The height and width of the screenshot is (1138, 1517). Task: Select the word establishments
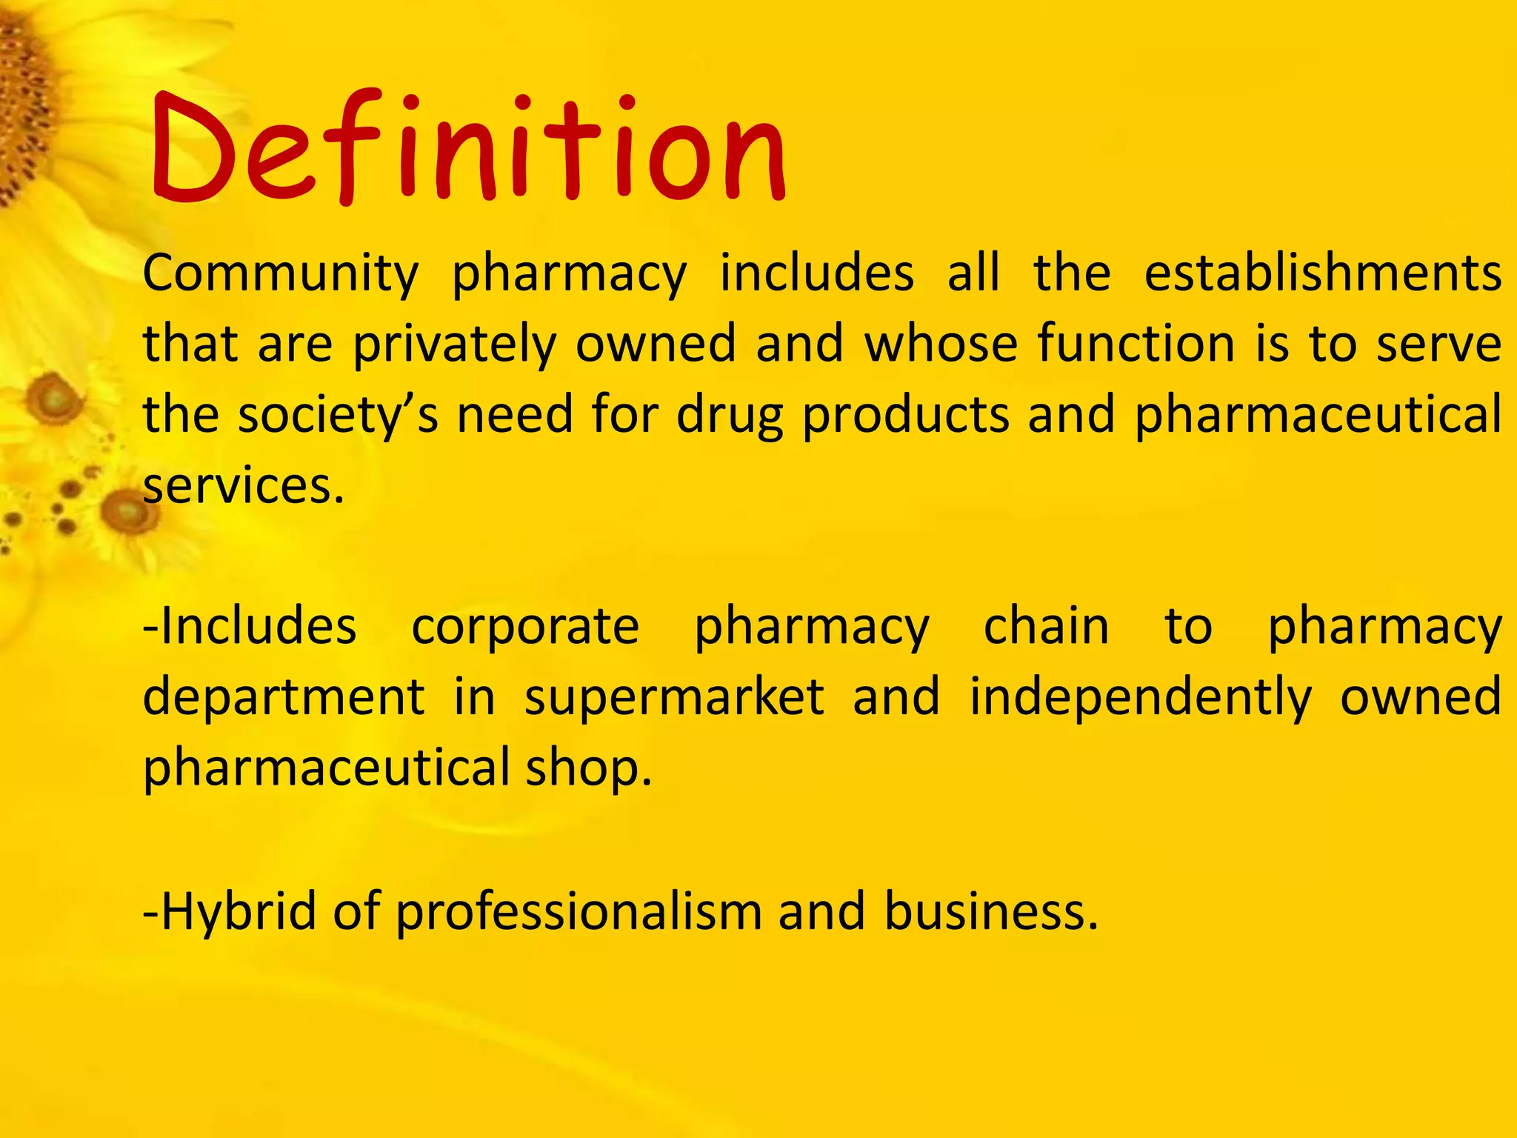coord(1322,273)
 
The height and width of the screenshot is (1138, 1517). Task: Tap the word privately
coord(454,345)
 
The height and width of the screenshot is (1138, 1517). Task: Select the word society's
coord(338,415)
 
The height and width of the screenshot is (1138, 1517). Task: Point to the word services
coord(243,486)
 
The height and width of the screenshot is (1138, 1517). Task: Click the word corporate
coord(525,627)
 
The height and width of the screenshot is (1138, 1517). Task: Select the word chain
coord(1046,627)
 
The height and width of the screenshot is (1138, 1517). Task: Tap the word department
coord(284,698)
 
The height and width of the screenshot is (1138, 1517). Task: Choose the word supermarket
coord(674,698)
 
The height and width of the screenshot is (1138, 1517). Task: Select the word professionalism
coord(579,911)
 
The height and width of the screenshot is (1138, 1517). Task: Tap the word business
coord(990,911)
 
